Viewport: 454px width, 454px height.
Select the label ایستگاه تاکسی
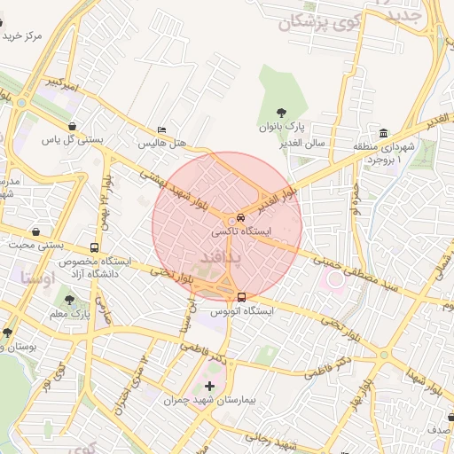(x=240, y=231)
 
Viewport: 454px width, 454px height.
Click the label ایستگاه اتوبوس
(x=242, y=311)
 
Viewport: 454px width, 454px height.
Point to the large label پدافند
(x=215, y=255)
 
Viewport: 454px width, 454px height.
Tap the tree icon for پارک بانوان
(x=281, y=113)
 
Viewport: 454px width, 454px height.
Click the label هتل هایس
(x=160, y=143)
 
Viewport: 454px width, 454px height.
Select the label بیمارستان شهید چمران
(x=209, y=401)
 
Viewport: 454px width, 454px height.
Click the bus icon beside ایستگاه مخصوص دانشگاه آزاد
(x=95, y=248)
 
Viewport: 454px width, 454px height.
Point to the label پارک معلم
(x=71, y=314)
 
